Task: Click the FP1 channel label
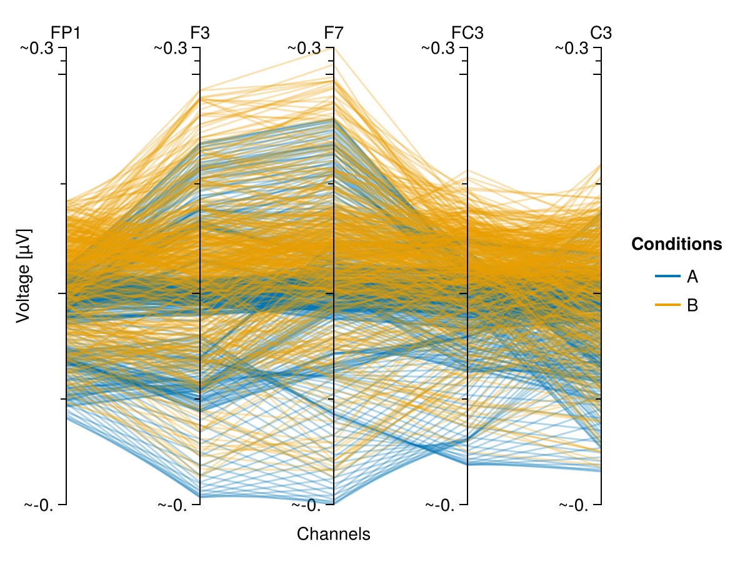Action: coord(66,32)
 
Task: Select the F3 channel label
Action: coord(200,32)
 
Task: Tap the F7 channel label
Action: coord(334,32)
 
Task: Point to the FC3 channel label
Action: coord(467,32)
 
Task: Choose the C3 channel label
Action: coord(601,32)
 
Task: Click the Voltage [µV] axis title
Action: coord(23,276)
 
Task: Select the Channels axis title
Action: coord(333,535)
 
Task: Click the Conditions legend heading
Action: coord(677,244)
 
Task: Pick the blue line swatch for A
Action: coord(667,276)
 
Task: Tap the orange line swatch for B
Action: coord(667,305)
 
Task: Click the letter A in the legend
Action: coord(692,276)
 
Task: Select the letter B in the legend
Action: coord(692,305)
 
